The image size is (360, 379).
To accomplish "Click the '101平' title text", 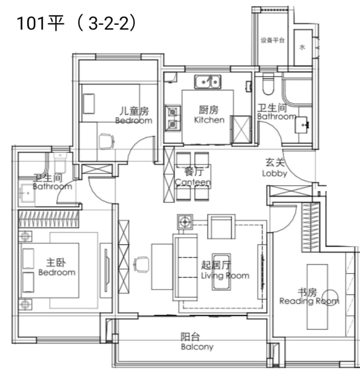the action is pyautogui.click(x=40, y=23).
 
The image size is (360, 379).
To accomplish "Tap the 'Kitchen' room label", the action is pyautogui.click(x=209, y=120).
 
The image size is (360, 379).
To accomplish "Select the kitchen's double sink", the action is pyautogui.click(x=208, y=82).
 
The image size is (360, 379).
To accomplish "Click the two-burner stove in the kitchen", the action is pyautogui.click(x=173, y=118).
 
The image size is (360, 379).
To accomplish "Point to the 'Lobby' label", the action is pyautogui.click(x=274, y=173).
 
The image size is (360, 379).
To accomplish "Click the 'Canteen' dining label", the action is pyautogui.click(x=193, y=182).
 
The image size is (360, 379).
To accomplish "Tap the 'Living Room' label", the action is pyautogui.click(x=225, y=275).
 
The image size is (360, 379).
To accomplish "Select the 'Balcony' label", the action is pyautogui.click(x=197, y=346).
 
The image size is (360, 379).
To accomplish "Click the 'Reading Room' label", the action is pyautogui.click(x=309, y=301).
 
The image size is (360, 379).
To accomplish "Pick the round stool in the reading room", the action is pyautogui.click(x=330, y=297).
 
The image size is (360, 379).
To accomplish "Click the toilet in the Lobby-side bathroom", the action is pyautogui.click(x=268, y=84).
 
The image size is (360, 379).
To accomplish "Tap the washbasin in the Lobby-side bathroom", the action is pyautogui.click(x=302, y=125).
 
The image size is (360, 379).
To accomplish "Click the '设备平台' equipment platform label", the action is pyautogui.click(x=272, y=40).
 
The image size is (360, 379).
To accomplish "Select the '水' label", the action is pyautogui.click(x=302, y=47).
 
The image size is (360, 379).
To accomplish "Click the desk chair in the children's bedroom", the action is pyautogui.click(x=107, y=142).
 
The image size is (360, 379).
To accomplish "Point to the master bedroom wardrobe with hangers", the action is pyautogui.click(x=49, y=219).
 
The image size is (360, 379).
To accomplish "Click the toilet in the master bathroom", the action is pyautogui.click(x=60, y=162).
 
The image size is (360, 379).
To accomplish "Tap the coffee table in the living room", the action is pyautogui.click(x=221, y=271).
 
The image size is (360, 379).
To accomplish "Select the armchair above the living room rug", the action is pyautogui.click(x=221, y=227).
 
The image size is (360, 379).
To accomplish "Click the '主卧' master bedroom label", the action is pyautogui.click(x=56, y=263).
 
